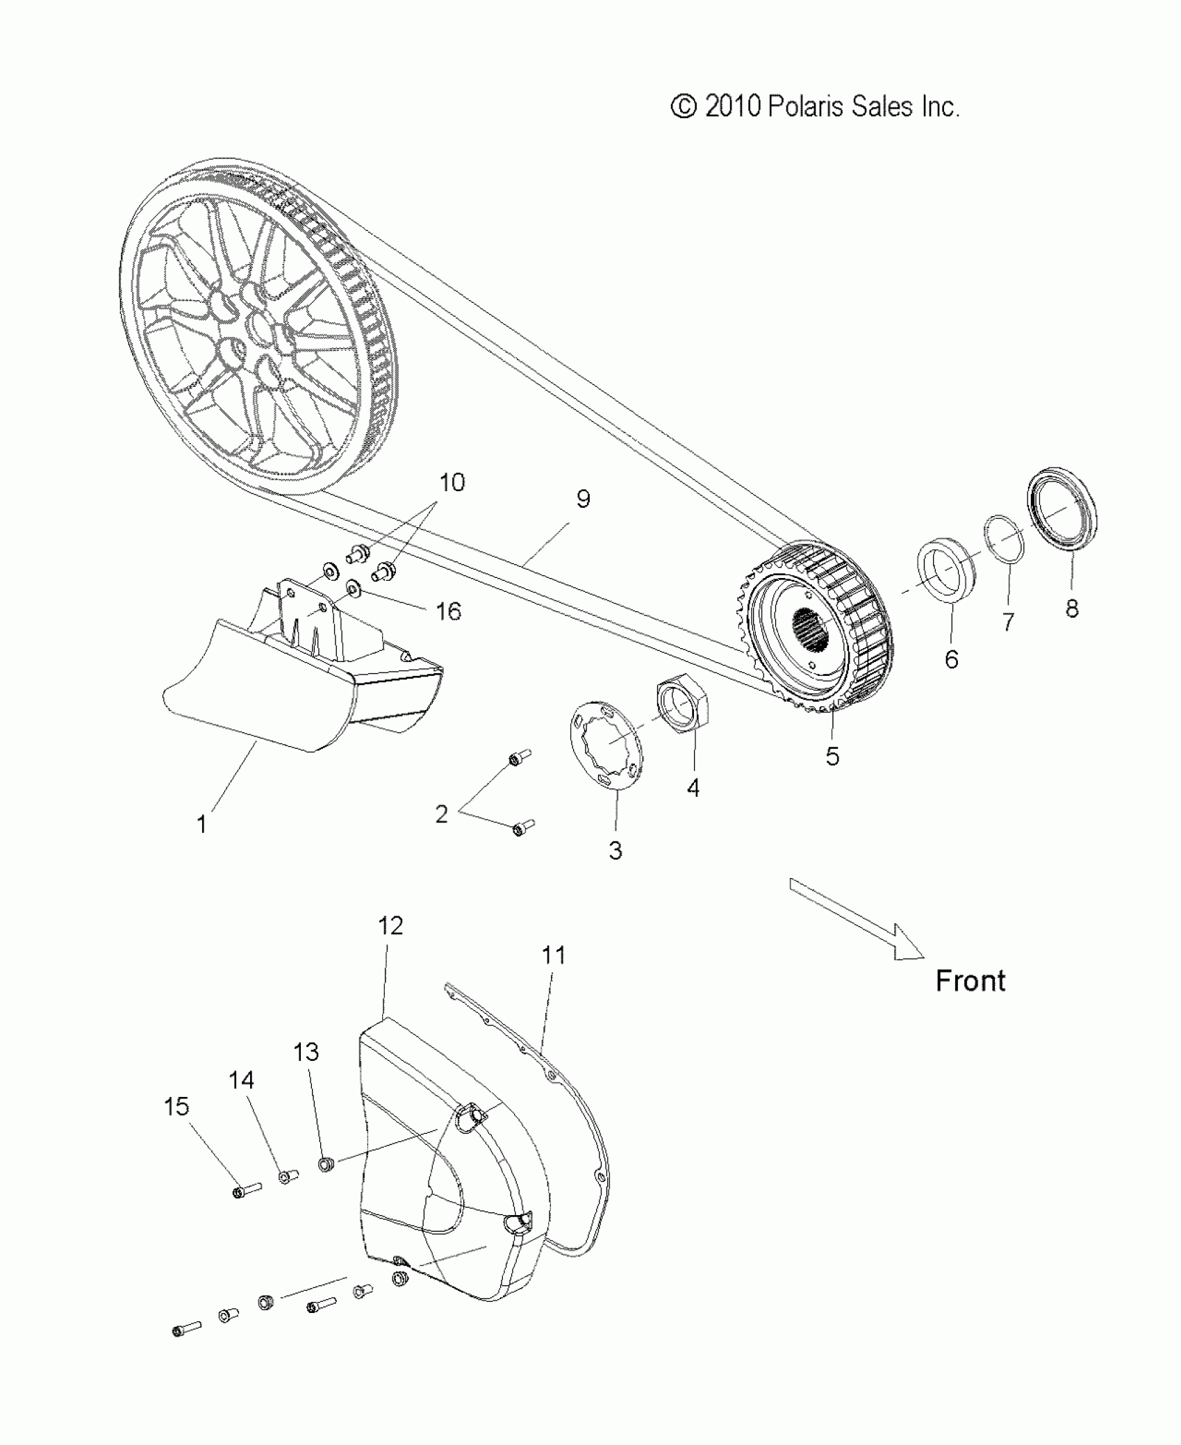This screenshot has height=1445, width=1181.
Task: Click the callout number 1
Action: tap(201, 824)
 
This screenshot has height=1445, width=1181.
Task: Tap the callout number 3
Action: tap(616, 850)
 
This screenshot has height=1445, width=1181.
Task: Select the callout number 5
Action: tap(832, 756)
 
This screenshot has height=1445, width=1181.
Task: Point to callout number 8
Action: tap(1072, 609)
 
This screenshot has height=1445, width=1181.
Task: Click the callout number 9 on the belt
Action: tap(583, 499)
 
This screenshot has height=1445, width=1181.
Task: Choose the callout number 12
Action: tap(390, 925)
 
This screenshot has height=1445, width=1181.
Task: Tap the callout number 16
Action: tap(448, 611)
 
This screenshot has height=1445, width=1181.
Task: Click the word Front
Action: tap(971, 981)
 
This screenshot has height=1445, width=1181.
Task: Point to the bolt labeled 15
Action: tap(245, 1192)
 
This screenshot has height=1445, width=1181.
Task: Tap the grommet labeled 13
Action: tap(325, 1164)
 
